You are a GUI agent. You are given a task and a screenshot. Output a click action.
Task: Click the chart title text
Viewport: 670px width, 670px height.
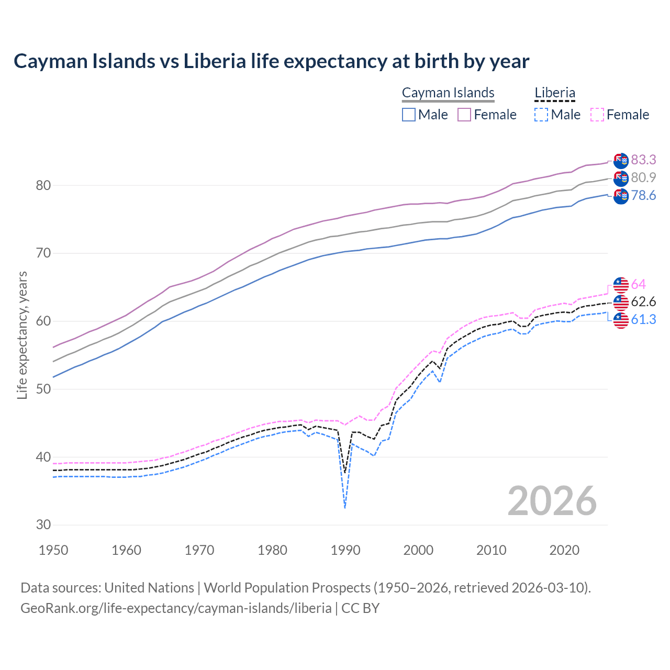[271, 61]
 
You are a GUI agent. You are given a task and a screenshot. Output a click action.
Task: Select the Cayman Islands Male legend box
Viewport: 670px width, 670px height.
[409, 115]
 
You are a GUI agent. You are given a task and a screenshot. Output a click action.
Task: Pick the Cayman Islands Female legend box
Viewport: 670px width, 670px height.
[464, 115]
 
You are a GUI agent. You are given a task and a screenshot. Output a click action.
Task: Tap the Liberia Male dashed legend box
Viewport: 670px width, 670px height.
[541, 115]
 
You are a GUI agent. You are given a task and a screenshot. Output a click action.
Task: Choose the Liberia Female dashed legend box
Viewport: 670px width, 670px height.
[597, 115]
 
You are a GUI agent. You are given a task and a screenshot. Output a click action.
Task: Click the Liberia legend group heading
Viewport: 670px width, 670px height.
[555, 93]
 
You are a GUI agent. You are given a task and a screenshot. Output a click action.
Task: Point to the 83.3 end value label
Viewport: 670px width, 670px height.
[643, 160]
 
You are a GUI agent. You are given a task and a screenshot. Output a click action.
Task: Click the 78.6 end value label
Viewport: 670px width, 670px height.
[643, 196]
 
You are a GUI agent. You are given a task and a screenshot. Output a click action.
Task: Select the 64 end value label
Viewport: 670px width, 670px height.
[639, 284]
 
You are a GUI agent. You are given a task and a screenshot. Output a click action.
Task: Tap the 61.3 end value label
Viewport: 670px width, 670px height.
[643, 320]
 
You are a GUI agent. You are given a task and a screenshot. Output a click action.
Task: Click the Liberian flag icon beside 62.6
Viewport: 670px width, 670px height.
[621, 302]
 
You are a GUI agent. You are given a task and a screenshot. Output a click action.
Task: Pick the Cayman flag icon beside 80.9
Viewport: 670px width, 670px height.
[621, 178]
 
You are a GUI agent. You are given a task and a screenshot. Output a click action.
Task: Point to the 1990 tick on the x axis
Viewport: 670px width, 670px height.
[345, 550]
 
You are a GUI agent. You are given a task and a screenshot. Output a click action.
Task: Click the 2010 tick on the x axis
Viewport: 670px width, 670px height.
[492, 550]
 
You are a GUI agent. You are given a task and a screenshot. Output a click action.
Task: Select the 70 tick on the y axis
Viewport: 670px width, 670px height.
[43, 253]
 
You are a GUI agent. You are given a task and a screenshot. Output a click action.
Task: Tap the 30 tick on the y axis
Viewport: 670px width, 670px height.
[43, 525]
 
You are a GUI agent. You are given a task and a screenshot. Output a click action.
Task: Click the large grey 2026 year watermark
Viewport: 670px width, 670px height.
[552, 501]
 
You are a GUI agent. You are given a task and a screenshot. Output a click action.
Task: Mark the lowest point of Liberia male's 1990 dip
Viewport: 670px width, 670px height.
[345, 507]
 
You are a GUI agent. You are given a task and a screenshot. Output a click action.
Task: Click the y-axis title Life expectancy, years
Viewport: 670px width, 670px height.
[23, 335]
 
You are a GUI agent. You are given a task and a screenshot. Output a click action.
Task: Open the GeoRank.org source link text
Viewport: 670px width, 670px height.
[176, 608]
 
